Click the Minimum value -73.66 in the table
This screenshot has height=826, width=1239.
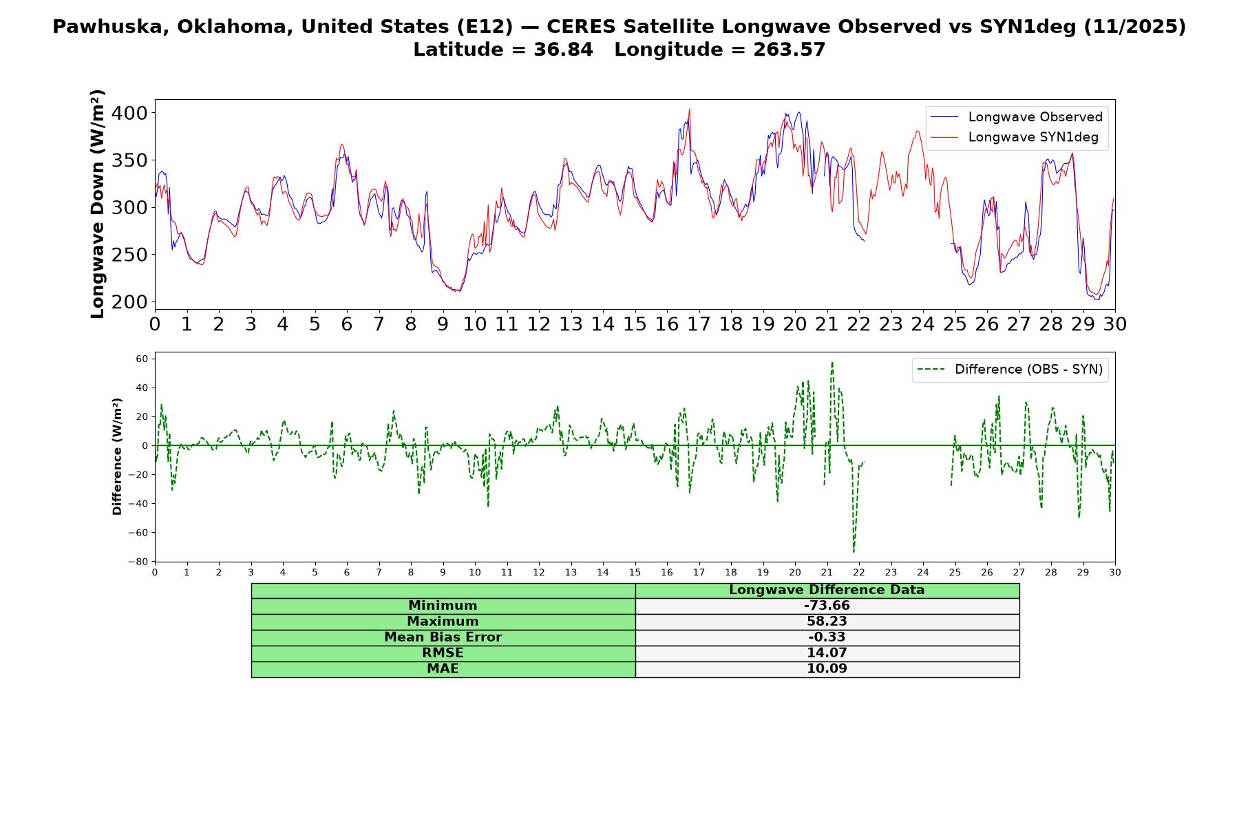coord(827,606)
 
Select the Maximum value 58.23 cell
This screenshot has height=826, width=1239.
coord(827,622)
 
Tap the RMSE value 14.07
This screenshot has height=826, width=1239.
coord(827,653)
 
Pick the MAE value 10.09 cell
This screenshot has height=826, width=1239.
coord(827,669)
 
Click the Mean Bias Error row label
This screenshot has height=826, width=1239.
coord(443,637)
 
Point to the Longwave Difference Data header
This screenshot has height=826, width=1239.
coord(827,590)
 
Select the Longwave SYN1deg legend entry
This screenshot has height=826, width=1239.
coord(1015,137)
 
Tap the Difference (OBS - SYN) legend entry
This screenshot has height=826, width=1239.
coord(1010,370)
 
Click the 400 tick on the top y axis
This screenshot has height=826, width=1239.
coord(131,113)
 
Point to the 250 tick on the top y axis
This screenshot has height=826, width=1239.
coord(131,255)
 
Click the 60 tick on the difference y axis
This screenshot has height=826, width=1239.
coord(142,359)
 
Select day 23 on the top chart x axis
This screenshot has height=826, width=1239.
coord(891,324)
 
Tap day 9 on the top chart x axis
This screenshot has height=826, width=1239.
coord(443,324)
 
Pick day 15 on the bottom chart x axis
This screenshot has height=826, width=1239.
coord(635,572)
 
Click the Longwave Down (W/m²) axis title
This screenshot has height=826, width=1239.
coord(97,204)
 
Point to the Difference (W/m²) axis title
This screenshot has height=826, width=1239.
coord(117,456)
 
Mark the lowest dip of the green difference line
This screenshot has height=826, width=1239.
coord(854,552)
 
